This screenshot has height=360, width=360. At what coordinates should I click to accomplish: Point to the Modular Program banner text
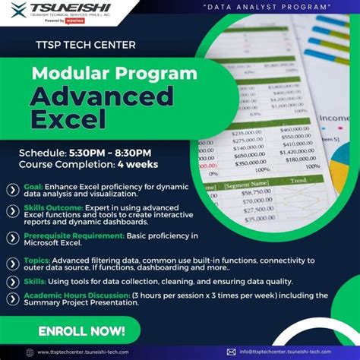[x=104, y=74]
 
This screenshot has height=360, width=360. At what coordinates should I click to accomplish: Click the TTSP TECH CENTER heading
[x=86, y=45]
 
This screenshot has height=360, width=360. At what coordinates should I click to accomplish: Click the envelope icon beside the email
[x=231, y=352]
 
